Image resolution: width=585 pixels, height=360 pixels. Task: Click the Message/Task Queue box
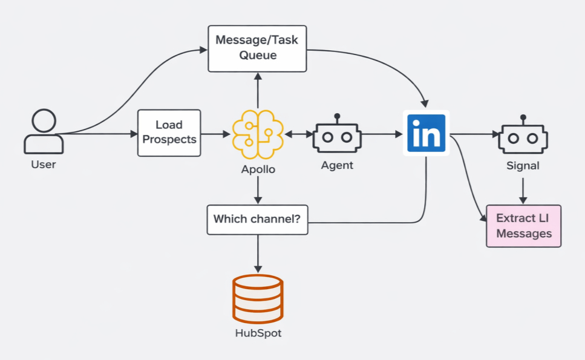pos(258,48)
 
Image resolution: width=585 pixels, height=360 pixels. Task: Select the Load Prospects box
pos(169,133)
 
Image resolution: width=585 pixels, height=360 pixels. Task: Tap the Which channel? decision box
pos(258,218)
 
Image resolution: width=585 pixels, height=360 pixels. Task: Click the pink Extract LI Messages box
pos(523,226)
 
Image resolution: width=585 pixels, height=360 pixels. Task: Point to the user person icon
pos(44,131)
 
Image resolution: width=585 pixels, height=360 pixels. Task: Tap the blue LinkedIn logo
pos(426,133)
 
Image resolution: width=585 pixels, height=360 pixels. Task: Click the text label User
pos(44,165)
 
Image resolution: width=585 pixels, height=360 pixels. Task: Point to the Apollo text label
pos(258,169)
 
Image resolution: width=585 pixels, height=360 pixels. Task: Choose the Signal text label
pos(523,165)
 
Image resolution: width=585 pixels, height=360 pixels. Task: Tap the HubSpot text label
pos(258,333)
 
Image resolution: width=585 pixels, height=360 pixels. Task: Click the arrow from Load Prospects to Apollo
pos(215,134)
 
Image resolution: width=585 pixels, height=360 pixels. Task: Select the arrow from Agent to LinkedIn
pos(381,134)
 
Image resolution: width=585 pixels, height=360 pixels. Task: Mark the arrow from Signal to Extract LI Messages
pos(523,190)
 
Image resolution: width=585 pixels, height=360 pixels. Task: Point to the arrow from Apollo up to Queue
pos(258,91)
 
